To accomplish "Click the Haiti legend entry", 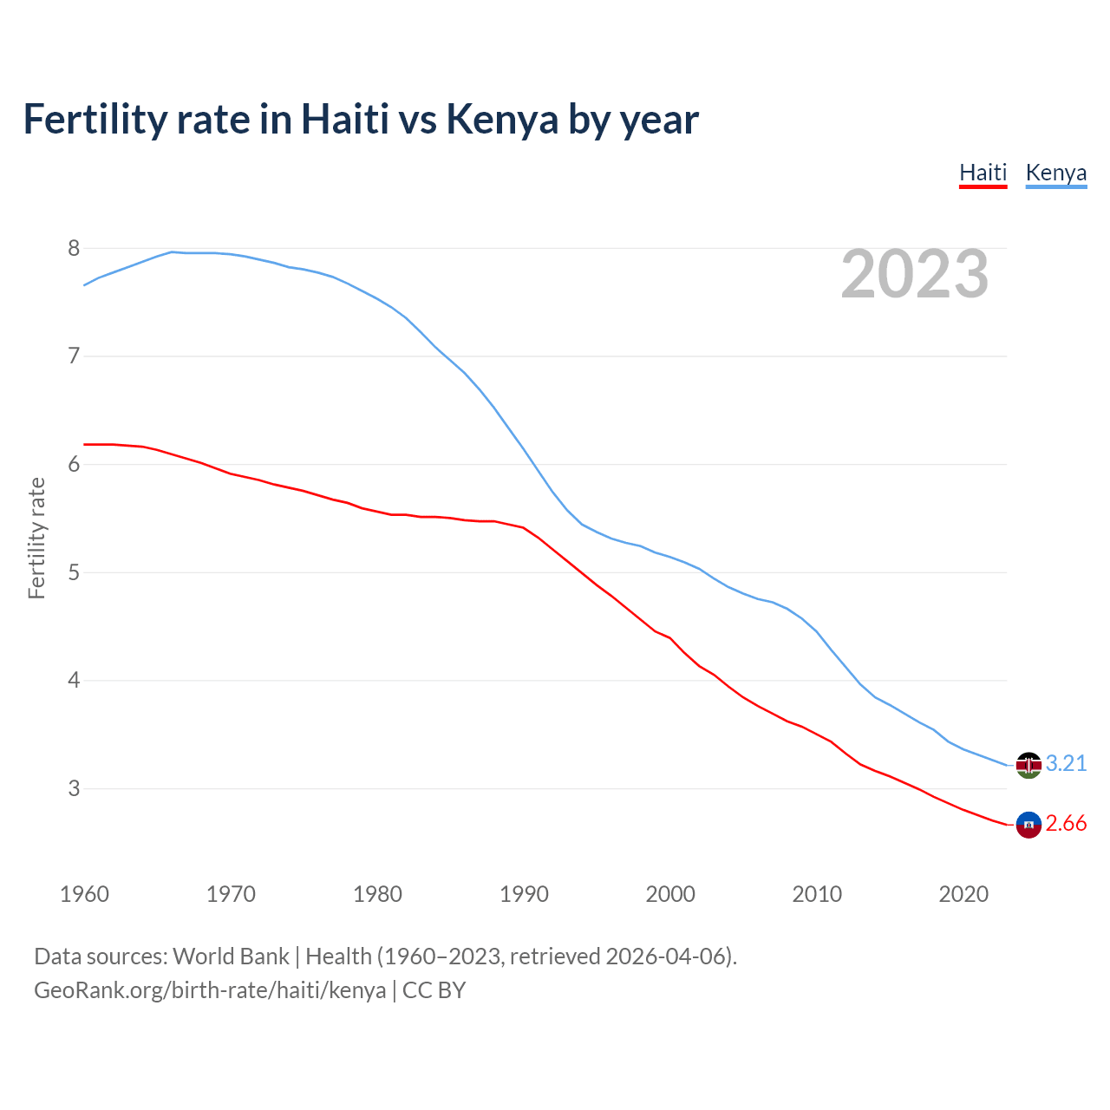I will [x=983, y=173].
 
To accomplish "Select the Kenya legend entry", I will [x=1055, y=173].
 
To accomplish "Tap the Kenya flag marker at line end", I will [x=1028, y=764].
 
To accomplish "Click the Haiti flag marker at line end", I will [x=1028, y=825].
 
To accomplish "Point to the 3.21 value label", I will [x=1066, y=763].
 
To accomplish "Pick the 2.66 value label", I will [x=1066, y=824].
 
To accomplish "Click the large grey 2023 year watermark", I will [x=914, y=274].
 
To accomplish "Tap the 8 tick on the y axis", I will [x=74, y=249].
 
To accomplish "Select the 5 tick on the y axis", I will [x=74, y=573].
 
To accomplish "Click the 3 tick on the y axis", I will [x=74, y=789].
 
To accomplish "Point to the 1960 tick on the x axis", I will [x=84, y=894].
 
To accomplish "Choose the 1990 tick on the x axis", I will [x=524, y=894].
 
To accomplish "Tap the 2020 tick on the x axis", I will [x=963, y=894].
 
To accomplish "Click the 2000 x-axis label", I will [x=670, y=894].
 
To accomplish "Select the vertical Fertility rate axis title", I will [x=36, y=538].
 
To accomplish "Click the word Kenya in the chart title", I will [x=502, y=120].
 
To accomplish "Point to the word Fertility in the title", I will [x=95, y=120].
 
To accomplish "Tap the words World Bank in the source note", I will [x=231, y=957].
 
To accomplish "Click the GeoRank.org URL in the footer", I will [x=210, y=990].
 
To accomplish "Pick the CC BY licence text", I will [x=434, y=990].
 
